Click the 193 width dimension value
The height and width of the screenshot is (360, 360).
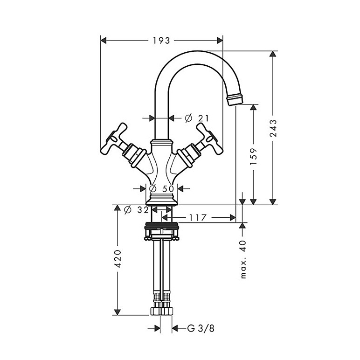coord(161,41)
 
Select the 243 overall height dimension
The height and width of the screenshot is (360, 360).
coord(273,128)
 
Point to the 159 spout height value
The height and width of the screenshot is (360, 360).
coord(254,156)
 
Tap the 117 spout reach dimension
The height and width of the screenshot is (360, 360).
coord(198,217)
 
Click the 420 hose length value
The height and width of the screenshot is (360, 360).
coord(118,258)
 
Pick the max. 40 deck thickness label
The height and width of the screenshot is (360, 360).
coord(243,259)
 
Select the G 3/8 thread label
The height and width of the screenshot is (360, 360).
coord(201,328)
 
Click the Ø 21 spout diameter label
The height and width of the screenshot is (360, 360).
coord(197,118)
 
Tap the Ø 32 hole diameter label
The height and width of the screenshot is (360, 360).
coord(136,210)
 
